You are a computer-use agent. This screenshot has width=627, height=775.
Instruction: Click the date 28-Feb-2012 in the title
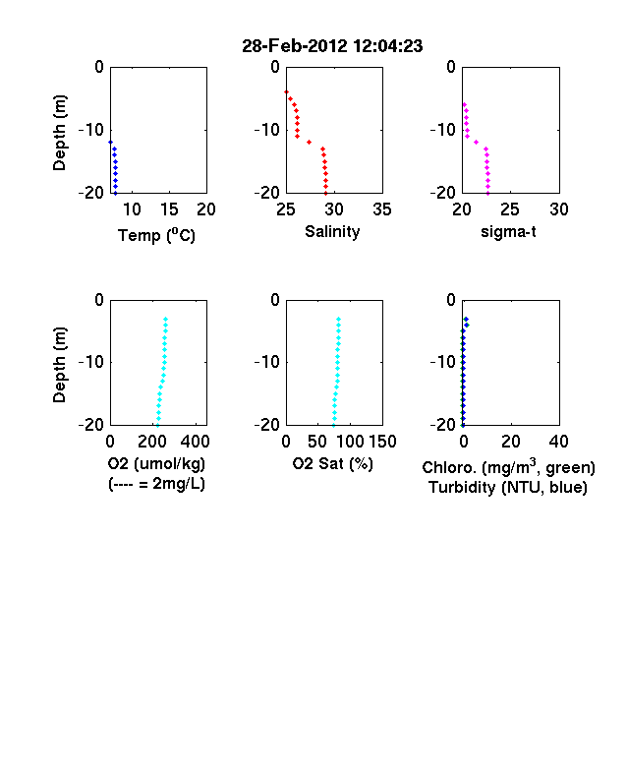[295, 46]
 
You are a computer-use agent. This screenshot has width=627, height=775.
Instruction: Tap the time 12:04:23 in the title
[388, 46]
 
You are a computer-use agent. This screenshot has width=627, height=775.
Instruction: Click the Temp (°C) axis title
[156, 235]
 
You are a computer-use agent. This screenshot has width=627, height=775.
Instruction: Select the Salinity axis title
[332, 231]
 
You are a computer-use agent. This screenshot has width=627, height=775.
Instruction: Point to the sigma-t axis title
[508, 231]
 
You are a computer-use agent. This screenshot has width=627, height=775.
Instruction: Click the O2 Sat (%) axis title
[333, 463]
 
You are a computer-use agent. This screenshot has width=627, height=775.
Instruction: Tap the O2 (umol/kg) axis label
[156, 463]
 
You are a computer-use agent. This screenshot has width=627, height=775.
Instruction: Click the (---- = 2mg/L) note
[156, 483]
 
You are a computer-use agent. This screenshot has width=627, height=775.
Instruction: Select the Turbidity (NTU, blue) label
[508, 488]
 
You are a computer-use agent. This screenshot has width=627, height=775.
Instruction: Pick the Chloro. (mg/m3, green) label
[508, 467]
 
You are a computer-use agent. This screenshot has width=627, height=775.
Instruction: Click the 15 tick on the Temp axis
[169, 209]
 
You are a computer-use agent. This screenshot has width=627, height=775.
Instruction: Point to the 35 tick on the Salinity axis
[382, 209]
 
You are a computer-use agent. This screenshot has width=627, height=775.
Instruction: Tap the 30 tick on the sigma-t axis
[559, 209]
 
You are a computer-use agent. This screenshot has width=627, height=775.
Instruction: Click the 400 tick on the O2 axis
[196, 442]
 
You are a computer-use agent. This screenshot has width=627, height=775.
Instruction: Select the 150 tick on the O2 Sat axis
[382, 442]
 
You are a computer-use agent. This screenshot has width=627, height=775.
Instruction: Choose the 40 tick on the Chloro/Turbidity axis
[558, 442]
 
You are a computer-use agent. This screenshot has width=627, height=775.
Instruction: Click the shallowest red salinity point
[286, 91]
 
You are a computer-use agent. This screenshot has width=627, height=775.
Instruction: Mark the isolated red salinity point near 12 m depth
[309, 143]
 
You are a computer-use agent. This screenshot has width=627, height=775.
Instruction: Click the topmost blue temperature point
[111, 143]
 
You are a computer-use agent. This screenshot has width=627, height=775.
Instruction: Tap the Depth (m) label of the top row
[59, 133]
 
